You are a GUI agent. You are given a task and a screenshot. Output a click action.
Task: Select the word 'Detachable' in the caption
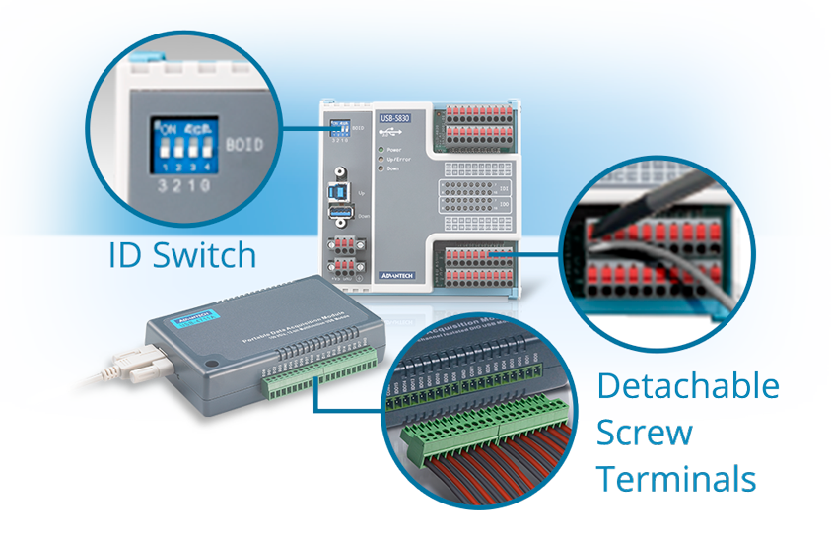click(x=688, y=385)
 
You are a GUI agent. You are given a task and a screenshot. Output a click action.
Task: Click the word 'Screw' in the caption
click(x=645, y=432)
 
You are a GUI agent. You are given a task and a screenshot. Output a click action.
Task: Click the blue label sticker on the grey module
click(x=192, y=316)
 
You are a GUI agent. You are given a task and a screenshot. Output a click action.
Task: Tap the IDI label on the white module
click(x=505, y=185)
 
